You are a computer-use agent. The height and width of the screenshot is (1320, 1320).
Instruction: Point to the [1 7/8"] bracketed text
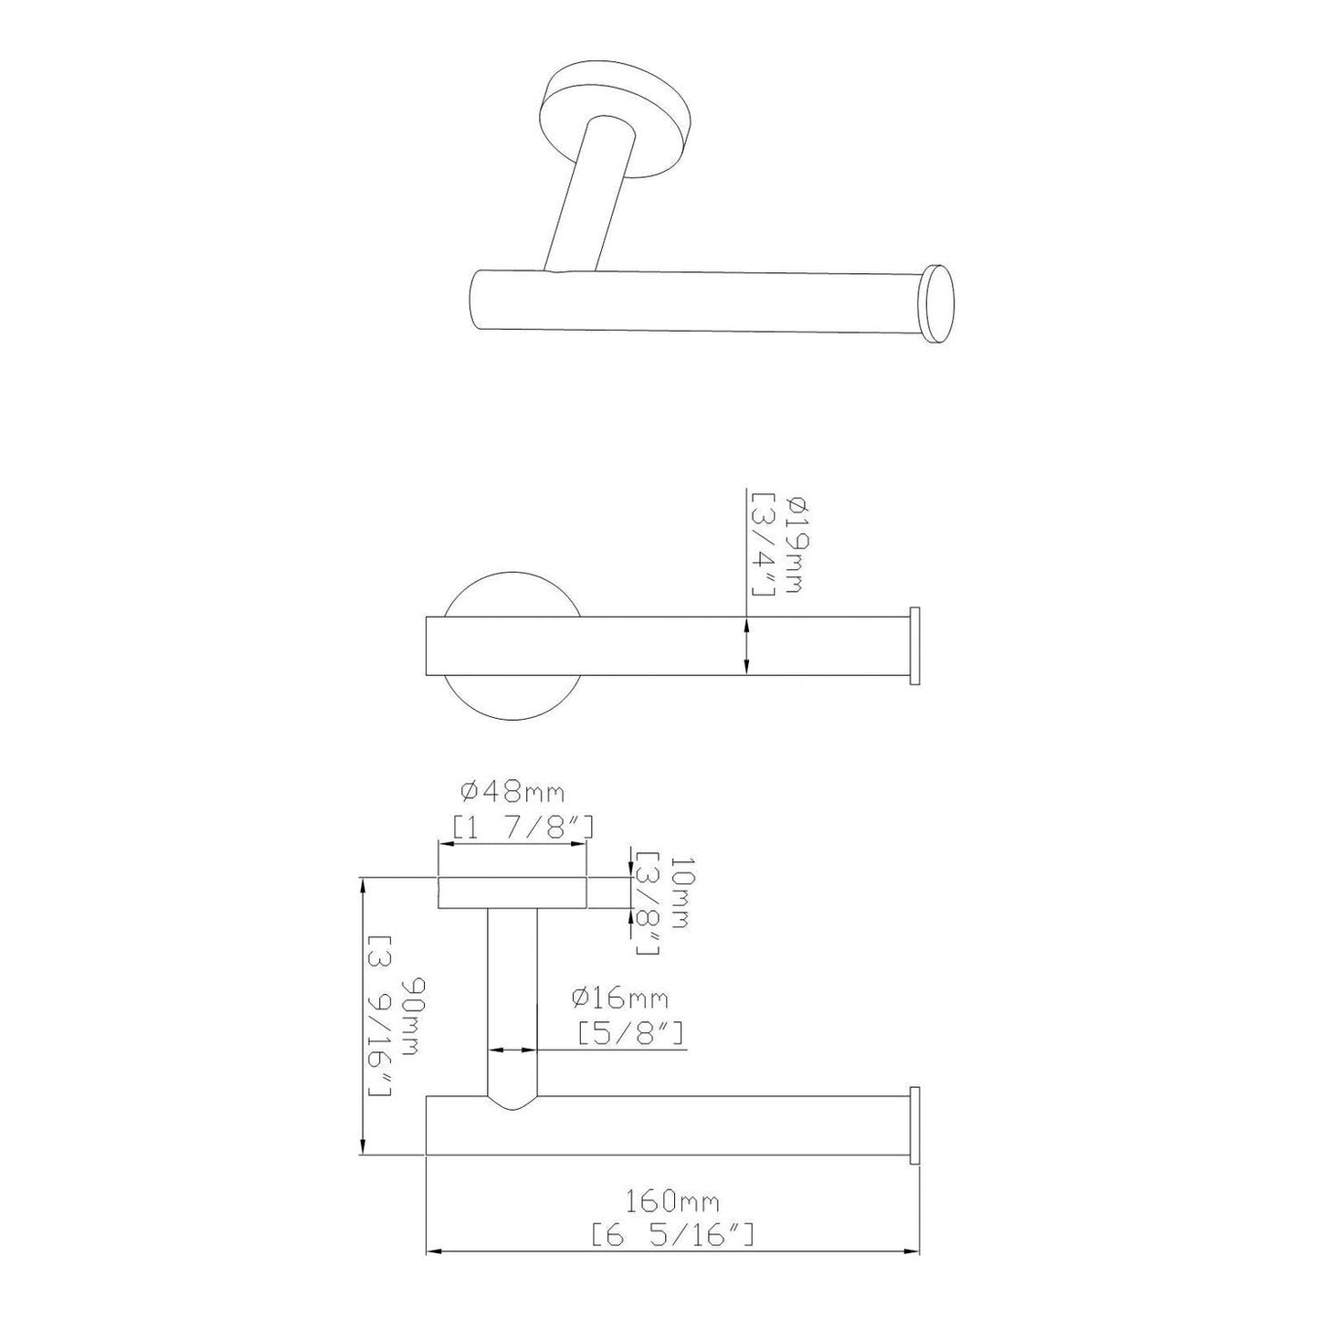pos(524,828)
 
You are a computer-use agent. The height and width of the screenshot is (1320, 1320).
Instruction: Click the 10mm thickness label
pos(677,892)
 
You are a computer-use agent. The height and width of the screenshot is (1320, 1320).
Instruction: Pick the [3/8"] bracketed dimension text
pos(648,903)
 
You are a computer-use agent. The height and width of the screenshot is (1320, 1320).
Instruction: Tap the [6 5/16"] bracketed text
pos(673,1236)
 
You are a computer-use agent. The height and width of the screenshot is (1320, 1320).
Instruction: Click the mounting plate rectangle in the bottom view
pos(512,892)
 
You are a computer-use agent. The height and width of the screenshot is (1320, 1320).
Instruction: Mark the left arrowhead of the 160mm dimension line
pos(435,1250)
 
